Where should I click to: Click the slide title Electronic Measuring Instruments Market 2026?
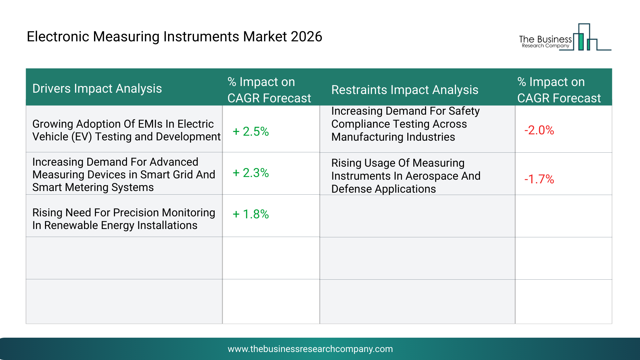pos(174,37)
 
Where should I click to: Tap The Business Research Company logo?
pos(565,37)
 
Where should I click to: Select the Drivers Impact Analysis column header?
pos(97,89)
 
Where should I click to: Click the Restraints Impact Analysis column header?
pos(405,90)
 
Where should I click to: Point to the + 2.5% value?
pos(251,131)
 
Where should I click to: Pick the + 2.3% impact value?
pos(251,173)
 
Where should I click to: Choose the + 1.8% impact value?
pos(251,214)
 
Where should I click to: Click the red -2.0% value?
pos(539,130)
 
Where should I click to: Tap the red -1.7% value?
pos(539,179)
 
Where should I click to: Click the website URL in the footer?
pos(310,349)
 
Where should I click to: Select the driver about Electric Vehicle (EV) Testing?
pos(126,130)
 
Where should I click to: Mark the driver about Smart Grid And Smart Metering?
pos(124,175)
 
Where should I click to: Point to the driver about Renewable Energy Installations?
pos(124,219)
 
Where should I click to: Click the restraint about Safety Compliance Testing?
pos(405,124)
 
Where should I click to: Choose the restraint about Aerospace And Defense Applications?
pos(406,176)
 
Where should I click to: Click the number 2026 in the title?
pos(306,37)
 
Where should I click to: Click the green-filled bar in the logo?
pos(581,42)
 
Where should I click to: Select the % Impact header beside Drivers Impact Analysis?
pos(269,90)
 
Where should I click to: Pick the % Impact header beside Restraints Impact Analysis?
pos(559,90)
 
